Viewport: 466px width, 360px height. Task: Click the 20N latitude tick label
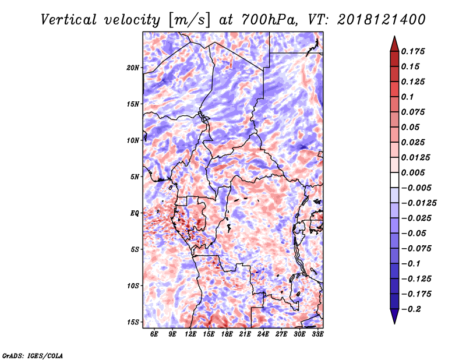pos(133,68)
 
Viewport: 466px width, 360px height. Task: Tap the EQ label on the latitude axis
pos(135,213)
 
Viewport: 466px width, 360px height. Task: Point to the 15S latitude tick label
pos(133,322)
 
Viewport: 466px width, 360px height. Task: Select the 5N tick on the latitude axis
pos(135,177)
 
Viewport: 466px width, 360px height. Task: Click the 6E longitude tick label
pos(154,334)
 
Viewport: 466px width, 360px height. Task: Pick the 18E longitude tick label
pos(227,334)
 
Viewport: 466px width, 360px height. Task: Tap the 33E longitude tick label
pos(317,334)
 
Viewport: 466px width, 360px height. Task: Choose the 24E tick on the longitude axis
pos(263,334)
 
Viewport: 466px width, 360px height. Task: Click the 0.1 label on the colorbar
pos(407,97)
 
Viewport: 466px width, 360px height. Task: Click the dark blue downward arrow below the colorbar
pos(394,317)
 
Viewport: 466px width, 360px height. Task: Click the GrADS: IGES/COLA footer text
pos(32,355)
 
